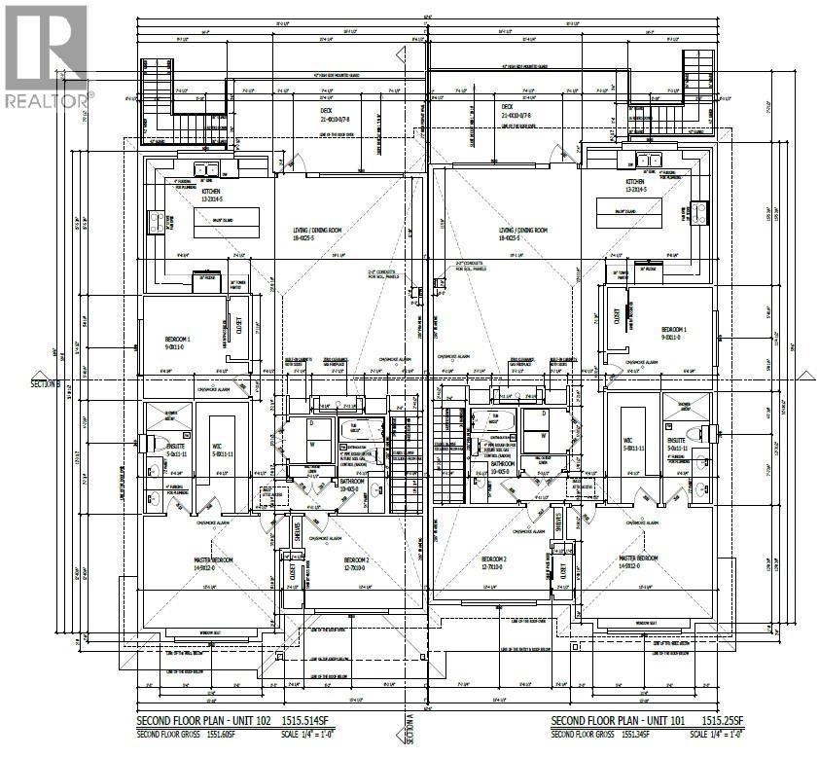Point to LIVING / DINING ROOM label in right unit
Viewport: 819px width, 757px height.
(x=520, y=231)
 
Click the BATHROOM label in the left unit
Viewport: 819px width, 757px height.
(x=351, y=481)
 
